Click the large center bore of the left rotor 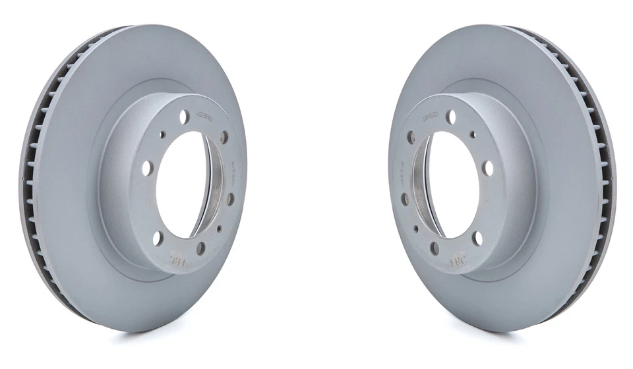[181, 184]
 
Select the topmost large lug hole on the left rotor [184, 117]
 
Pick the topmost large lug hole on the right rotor [450, 117]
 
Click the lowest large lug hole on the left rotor [200, 248]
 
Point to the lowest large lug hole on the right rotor [435, 248]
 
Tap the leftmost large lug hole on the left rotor [146, 168]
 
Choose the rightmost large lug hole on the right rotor [488, 168]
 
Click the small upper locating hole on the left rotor [162, 134]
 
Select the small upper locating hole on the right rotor [472, 134]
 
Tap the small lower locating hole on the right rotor [415, 229]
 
